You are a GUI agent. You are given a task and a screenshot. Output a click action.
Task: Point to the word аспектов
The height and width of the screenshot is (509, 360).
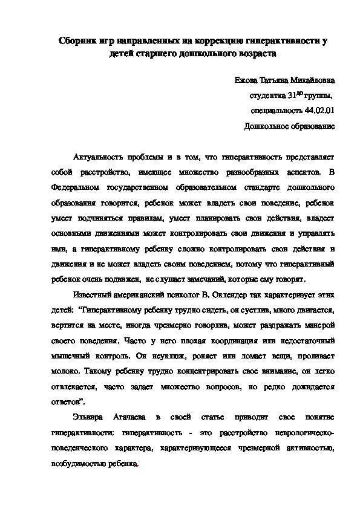[x=296, y=172]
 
